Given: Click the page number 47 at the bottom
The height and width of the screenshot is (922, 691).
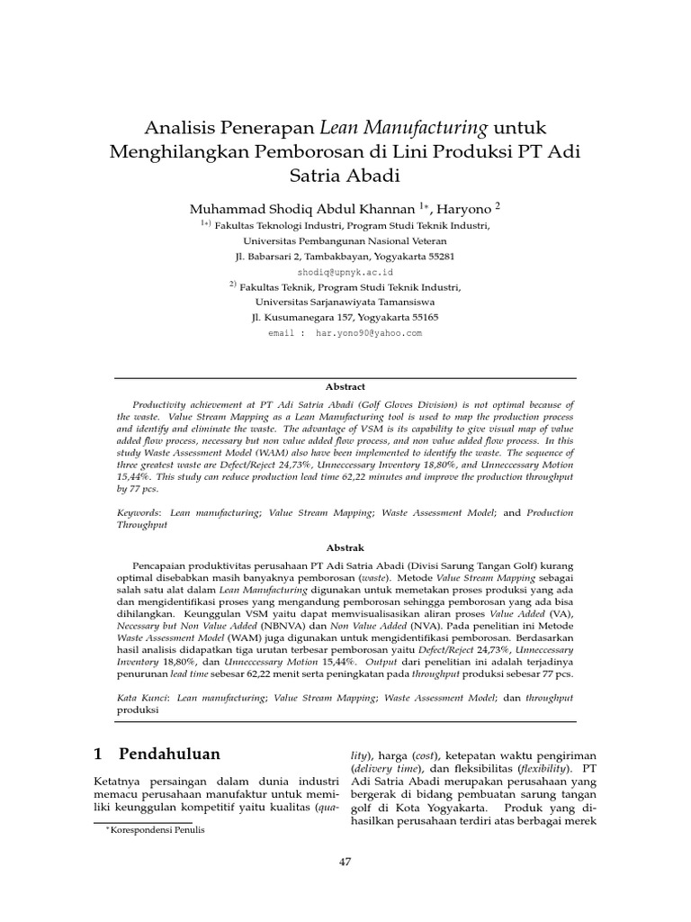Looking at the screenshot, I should point(345,862).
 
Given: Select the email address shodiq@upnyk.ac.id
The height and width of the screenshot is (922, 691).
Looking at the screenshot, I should point(345,271).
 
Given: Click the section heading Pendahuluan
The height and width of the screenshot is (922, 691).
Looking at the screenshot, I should point(169,753).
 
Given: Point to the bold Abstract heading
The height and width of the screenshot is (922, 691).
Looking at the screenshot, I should point(345,386).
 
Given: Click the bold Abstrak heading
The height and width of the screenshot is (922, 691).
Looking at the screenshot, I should point(345,547).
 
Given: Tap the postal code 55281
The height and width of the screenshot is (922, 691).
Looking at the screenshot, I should point(436,256).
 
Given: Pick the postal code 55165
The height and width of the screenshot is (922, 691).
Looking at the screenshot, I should point(419,318).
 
